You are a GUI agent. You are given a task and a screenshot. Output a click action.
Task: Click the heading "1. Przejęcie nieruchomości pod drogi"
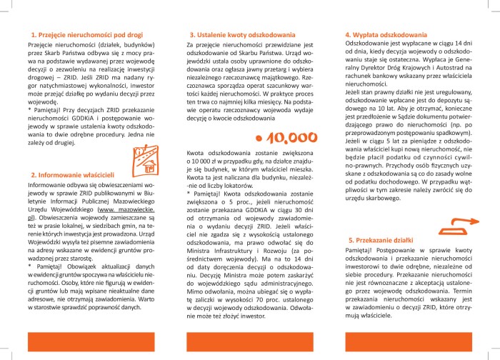pyautogui.click(x=87, y=34)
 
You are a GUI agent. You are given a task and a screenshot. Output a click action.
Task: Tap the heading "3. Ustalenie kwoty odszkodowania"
pyautogui.click(x=239, y=34)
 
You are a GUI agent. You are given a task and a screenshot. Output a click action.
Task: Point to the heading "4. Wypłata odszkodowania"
pyautogui.click(x=386, y=34)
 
